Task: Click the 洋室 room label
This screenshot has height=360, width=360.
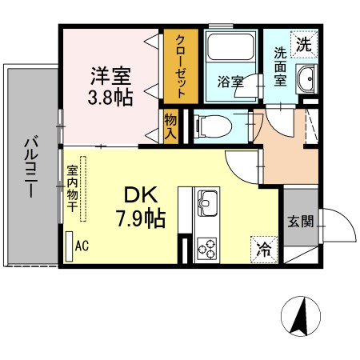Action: tap(111, 76)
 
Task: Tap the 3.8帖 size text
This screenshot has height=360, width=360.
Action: tap(110, 98)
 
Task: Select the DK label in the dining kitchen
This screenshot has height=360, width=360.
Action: tap(141, 195)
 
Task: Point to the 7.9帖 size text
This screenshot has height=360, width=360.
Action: tap(141, 218)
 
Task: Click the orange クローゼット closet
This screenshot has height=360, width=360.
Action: tap(181, 66)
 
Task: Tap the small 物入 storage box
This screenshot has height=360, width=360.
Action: tap(170, 126)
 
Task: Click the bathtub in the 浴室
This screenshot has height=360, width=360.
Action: tap(230, 46)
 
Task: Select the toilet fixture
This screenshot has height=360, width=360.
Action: tap(213, 126)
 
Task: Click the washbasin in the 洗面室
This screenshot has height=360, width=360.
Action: tap(306, 79)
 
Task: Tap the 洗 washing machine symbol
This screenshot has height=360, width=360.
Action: tap(304, 44)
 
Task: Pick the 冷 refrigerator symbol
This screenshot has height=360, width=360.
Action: tap(264, 250)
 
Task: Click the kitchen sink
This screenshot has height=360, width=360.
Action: tap(207, 203)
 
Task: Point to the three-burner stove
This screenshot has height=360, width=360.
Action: tap(207, 249)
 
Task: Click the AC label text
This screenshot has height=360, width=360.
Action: tap(82, 246)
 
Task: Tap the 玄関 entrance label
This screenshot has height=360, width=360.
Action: tap(301, 221)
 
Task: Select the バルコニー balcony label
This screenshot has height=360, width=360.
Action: tap(31, 167)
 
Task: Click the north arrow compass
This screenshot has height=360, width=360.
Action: tap(301, 316)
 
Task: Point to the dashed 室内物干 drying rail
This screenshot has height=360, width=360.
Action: tap(83, 189)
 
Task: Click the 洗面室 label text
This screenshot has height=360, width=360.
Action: tap(280, 66)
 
